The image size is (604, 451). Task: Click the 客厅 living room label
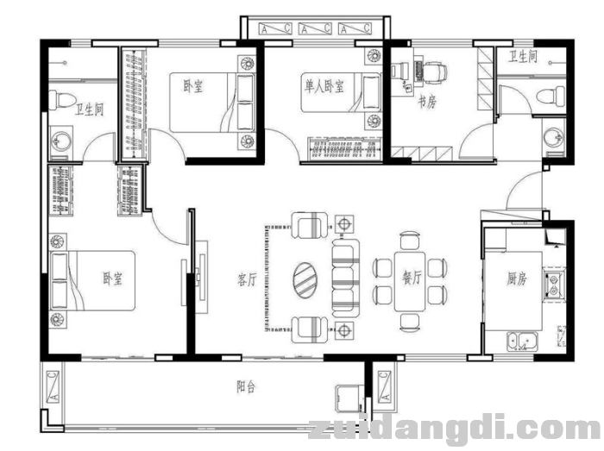(247, 279)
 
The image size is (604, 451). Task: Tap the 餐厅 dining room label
(412, 278)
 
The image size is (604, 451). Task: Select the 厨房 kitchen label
(517, 279)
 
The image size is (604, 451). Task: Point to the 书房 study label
(428, 103)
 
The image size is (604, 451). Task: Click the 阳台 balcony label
(246, 386)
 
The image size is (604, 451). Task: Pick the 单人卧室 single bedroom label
(324, 86)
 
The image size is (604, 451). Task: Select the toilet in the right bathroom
(551, 95)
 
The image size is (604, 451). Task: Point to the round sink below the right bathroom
(554, 137)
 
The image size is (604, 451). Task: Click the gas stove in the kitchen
(554, 285)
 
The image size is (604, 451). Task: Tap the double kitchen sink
(522, 341)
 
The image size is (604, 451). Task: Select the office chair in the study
(435, 72)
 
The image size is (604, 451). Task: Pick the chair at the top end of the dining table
(410, 240)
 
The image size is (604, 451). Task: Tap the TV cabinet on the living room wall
(201, 277)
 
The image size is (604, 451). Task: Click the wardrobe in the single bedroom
(344, 149)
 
